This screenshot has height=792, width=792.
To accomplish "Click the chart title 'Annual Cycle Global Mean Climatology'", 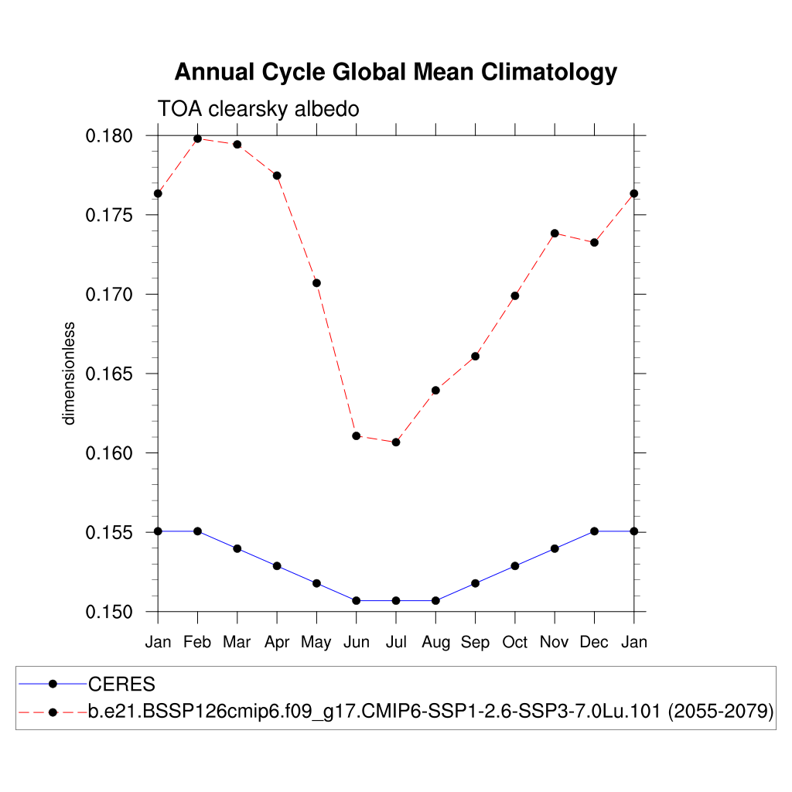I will (395, 72).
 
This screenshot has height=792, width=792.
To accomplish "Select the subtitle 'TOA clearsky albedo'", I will (258, 109).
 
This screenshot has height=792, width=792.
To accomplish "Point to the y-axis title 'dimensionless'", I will (70, 374).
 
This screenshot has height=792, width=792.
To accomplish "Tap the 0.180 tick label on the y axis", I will (108, 136).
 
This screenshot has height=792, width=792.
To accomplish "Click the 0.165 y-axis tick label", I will (108, 374).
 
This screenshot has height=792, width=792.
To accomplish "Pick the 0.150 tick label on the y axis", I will (108, 612).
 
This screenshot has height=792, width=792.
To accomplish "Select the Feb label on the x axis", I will (197, 642).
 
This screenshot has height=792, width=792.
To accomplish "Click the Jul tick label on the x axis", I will (396, 642).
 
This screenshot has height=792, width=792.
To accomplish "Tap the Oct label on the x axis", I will (515, 642).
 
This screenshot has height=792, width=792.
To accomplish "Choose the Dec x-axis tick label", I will (594, 642).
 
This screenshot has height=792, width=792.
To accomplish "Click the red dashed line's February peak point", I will (197, 138).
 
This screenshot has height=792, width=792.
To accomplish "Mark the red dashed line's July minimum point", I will (396, 442).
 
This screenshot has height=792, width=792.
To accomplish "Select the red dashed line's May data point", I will (316, 283).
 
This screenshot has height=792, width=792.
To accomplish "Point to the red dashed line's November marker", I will (555, 233).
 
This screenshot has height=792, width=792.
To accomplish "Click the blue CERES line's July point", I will (396, 600).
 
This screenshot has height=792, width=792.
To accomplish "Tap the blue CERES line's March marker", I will (237, 548).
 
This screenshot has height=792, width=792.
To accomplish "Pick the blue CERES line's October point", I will (515, 565).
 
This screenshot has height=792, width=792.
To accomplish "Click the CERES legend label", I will (122, 684).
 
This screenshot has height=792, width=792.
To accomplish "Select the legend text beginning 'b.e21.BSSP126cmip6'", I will (431, 712).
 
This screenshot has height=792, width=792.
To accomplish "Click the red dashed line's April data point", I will (277, 176).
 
